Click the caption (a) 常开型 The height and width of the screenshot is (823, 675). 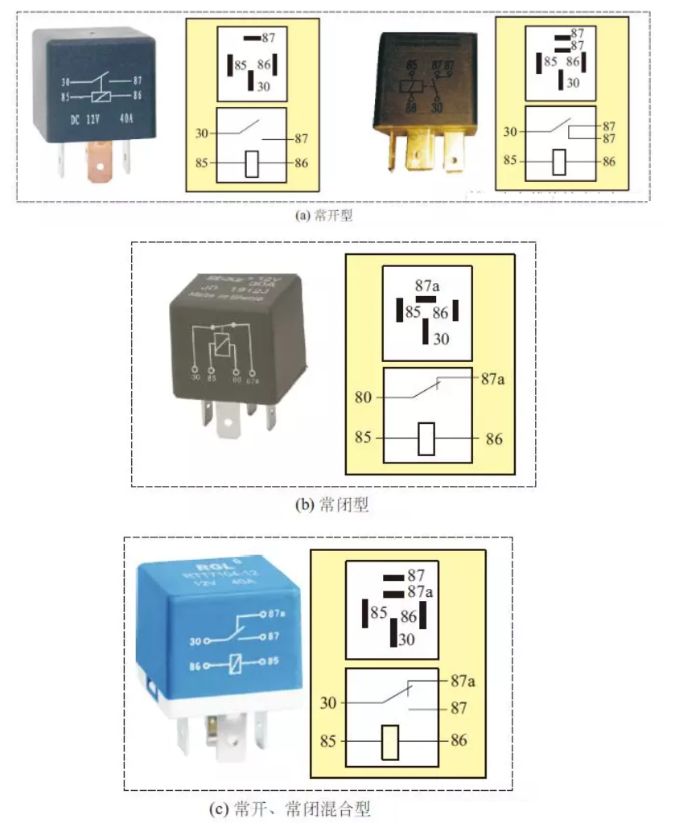(325, 216)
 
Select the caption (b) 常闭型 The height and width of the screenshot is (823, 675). (332, 505)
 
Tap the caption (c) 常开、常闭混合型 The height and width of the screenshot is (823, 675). (303, 808)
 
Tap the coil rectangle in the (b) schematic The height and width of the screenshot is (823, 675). (426, 438)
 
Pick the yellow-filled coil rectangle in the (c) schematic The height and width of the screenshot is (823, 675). (390, 741)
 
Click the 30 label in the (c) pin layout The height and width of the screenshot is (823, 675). (406, 640)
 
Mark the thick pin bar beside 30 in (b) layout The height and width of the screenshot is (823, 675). (425, 331)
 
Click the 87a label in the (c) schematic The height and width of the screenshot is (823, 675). (463, 681)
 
